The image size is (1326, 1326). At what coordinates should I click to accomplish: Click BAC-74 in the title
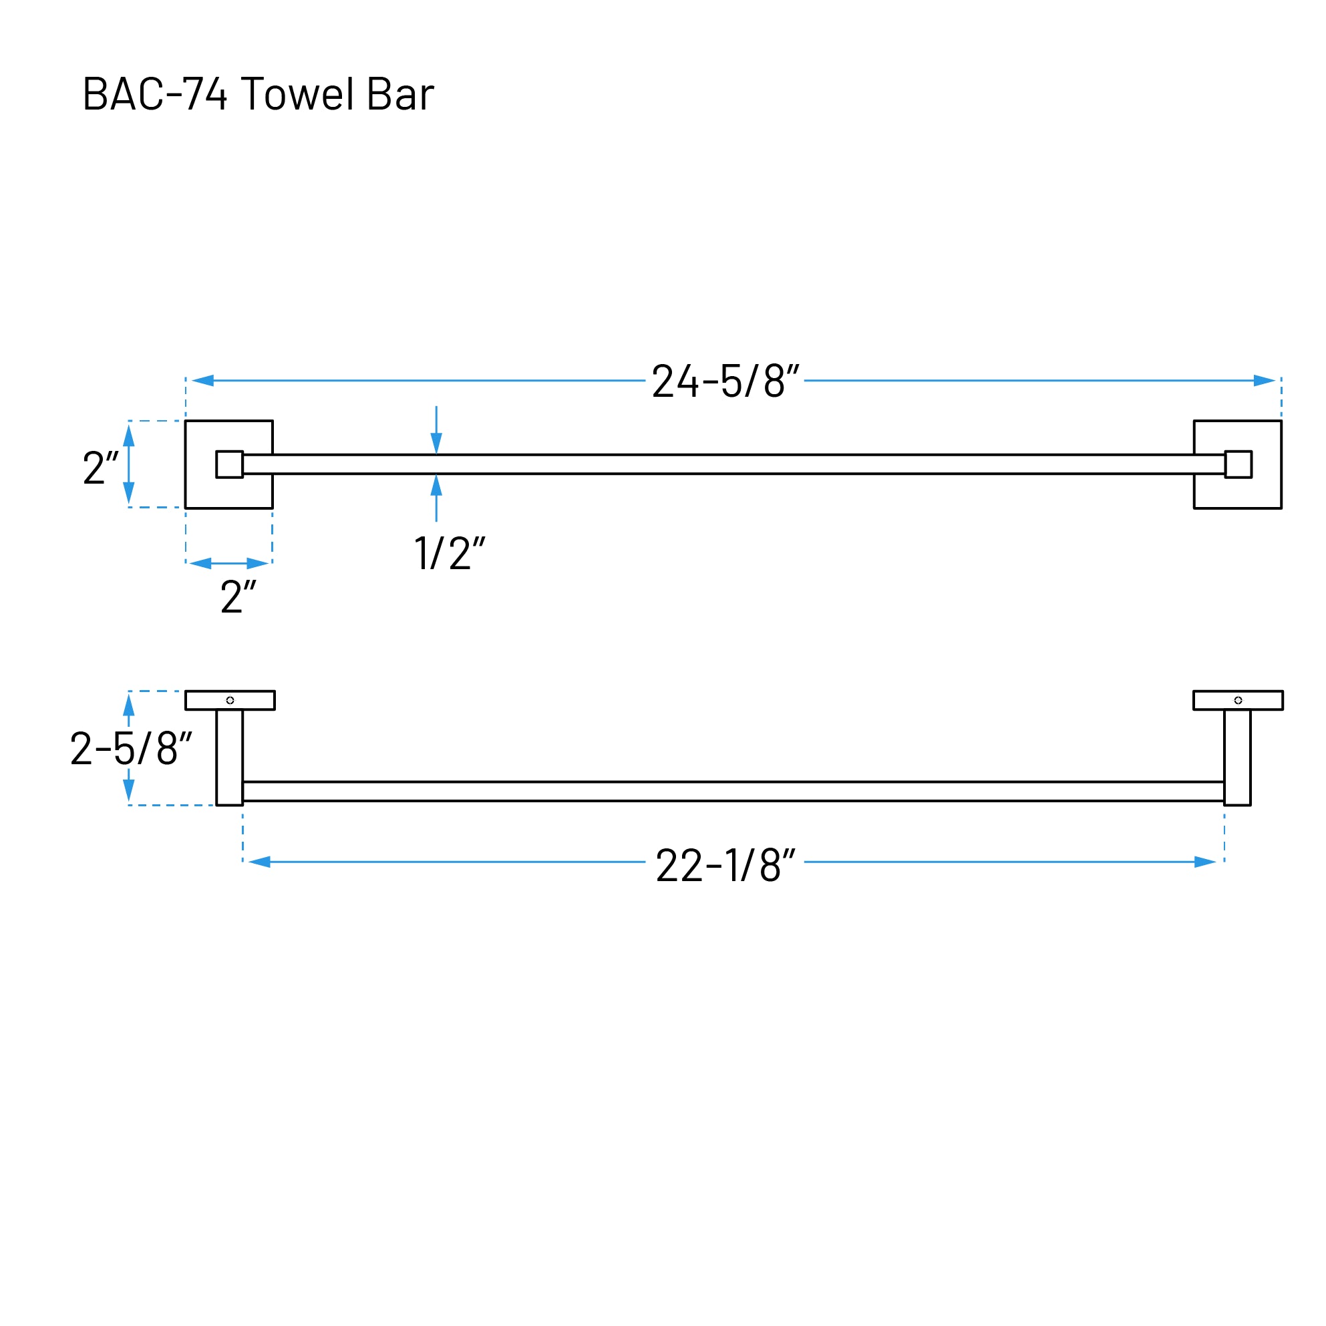[x=154, y=94]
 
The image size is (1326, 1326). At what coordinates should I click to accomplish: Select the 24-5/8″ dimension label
[x=725, y=381]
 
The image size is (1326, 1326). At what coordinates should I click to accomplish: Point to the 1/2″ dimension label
[x=450, y=553]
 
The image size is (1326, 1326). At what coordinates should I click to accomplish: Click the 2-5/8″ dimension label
[x=131, y=749]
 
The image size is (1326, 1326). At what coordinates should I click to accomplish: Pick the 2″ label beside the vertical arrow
[x=100, y=468]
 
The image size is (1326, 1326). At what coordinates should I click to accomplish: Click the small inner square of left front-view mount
[x=229, y=465]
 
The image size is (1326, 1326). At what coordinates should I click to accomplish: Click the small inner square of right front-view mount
[x=1237, y=465]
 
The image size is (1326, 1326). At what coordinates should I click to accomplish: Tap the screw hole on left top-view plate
[x=230, y=700]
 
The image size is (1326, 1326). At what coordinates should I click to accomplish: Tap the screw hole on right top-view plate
[x=1237, y=700]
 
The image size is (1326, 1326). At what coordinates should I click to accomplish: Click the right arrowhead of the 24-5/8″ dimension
[x=1264, y=380]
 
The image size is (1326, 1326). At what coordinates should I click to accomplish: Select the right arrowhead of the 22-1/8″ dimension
[x=1204, y=862]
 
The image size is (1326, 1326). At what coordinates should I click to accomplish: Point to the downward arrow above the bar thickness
[x=436, y=442]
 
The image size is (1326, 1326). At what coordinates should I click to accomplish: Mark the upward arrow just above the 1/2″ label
[x=436, y=486]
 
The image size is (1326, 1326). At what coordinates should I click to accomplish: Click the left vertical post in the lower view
[x=229, y=757]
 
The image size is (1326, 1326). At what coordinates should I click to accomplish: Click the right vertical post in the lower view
[x=1236, y=757]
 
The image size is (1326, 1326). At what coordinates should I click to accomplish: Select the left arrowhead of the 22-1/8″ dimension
[x=260, y=862]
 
